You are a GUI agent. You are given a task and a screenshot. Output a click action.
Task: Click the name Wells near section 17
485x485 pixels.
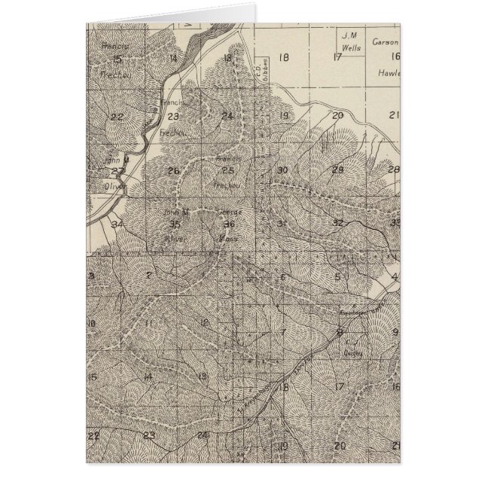(348, 44)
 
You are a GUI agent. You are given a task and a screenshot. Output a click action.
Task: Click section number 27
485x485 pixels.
(117, 171)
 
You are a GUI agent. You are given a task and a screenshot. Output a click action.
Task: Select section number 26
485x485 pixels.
(173, 170)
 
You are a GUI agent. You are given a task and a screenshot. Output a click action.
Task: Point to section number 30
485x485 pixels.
(282, 170)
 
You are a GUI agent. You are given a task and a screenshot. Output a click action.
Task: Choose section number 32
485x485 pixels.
(337, 223)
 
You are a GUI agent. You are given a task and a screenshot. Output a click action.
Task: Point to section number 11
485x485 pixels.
(149, 324)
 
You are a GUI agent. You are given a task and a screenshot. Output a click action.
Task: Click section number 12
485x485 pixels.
(204, 323)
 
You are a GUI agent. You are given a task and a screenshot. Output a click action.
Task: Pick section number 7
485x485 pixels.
(283, 331)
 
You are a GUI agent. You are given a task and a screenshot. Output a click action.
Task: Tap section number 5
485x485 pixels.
(338, 277)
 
